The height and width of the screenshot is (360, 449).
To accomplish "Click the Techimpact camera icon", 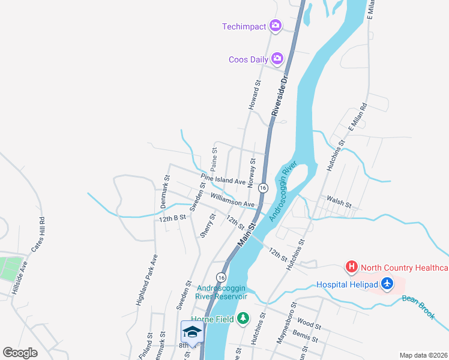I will [x=276, y=26].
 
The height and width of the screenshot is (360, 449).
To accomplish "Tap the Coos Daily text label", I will [x=248, y=59].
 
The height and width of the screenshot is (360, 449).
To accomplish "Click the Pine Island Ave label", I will [x=223, y=179].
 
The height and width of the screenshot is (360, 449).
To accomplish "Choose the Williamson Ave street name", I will [x=233, y=199].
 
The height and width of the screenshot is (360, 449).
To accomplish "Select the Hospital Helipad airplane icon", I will [x=388, y=283].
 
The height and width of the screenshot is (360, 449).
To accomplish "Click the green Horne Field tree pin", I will [x=243, y=317].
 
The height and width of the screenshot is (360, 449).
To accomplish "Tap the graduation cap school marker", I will [x=192, y=332].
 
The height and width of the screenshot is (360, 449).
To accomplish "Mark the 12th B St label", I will [x=173, y=218].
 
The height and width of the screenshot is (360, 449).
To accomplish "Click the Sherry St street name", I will [x=208, y=226].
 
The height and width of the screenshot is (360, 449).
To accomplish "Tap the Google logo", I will [x=20, y=353].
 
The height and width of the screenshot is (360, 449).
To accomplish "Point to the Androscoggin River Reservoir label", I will [x=222, y=292].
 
